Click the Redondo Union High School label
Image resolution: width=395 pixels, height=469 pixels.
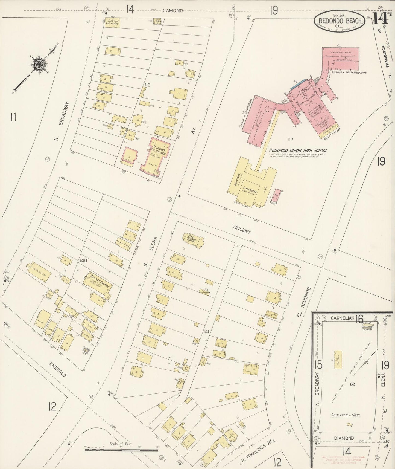point(298,150)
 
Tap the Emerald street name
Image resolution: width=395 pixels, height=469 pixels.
point(58,369)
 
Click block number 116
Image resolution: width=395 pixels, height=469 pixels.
point(147,85)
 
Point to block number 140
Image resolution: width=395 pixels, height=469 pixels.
point(83,260)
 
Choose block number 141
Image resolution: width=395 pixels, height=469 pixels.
point(206,332)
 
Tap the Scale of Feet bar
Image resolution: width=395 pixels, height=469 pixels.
point(121,450)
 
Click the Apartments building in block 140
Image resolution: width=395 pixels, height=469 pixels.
point(39,273)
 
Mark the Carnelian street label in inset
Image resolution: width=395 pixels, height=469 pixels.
point(343,318)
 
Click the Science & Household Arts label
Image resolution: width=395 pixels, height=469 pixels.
point(349,73)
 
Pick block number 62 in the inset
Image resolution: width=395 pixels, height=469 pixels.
point(352,384)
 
